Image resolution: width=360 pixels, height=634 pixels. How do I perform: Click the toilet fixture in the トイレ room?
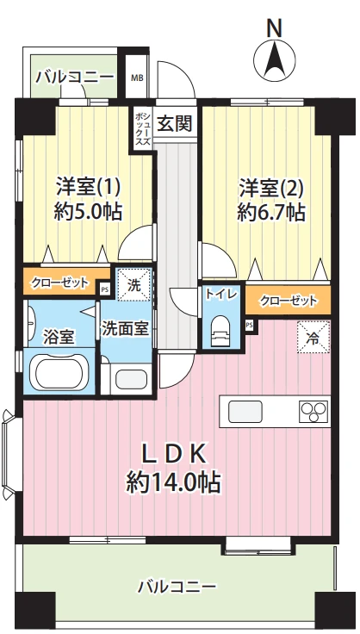click(221, 330)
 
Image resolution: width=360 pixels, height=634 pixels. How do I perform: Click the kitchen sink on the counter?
click(245, 412)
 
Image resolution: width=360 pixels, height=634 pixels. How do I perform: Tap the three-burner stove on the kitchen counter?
click(313, 412)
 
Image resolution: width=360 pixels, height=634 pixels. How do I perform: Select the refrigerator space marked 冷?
click(313, 337)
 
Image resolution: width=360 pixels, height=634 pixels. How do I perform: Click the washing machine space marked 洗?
click(134, 285)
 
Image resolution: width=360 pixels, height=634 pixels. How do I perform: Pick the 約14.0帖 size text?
click(174, 482)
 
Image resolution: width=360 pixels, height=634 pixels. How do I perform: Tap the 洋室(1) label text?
click(88, 187)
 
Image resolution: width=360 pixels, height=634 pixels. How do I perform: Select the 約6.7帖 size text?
click(270, 211)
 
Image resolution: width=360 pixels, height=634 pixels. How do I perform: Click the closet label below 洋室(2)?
click(289, 301)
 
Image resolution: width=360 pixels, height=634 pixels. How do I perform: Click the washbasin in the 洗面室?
click(129, 379)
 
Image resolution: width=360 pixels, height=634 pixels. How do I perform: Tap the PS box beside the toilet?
click(249, 324)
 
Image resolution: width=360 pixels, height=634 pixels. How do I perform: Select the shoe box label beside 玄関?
click(142, 129)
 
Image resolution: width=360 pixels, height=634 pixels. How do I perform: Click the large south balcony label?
click(177, 586)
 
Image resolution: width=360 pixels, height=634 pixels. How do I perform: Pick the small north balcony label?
click(75, 77)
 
